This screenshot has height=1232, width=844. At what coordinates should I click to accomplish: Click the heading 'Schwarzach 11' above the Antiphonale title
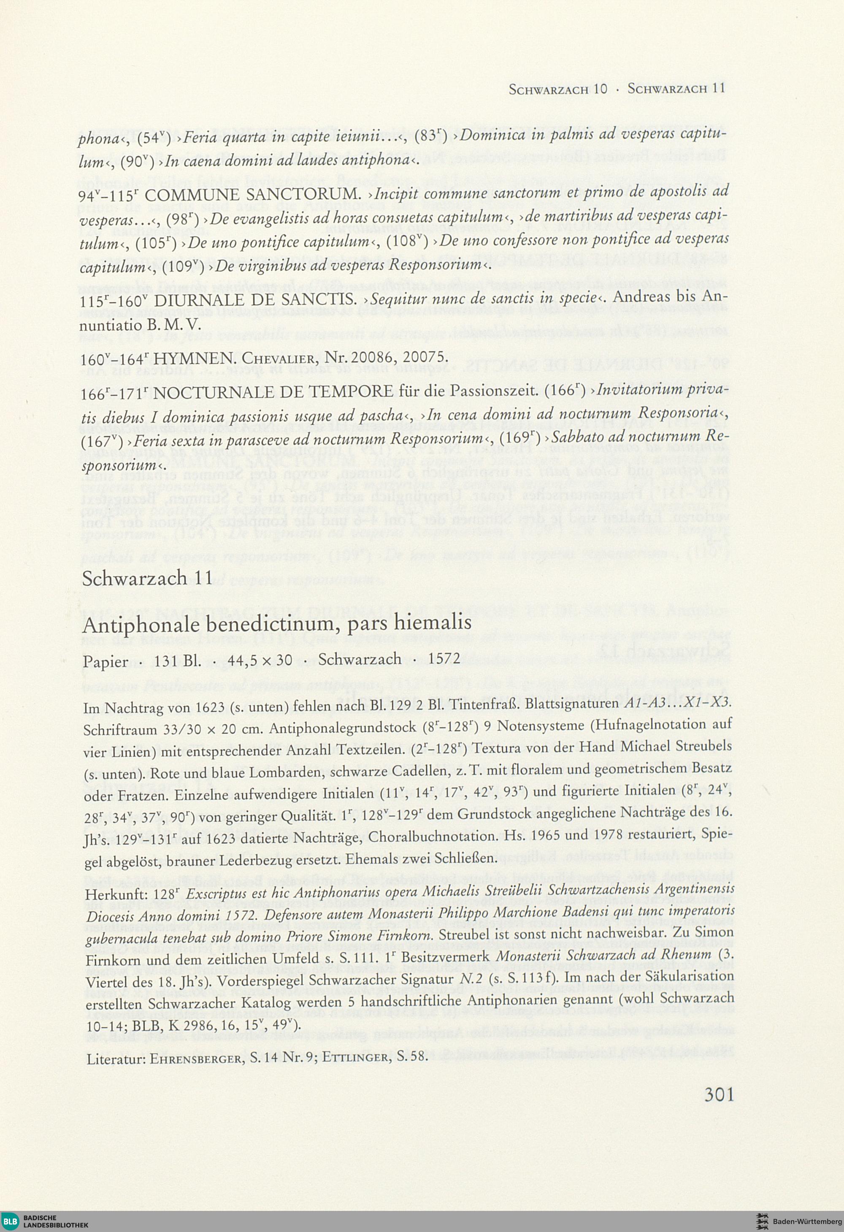point(147,578)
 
